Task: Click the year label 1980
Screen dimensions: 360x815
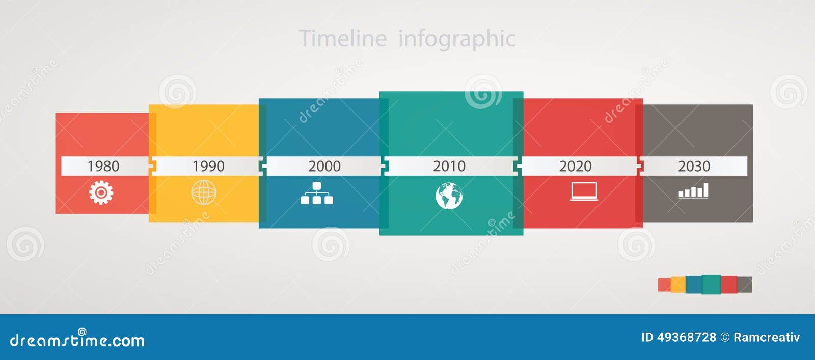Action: point(103,166)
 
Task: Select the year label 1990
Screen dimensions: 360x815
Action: point(208,166)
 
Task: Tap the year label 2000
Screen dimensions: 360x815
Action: point(324,166)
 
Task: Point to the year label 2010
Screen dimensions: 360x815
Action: point(449,166)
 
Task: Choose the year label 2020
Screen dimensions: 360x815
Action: point(576,166)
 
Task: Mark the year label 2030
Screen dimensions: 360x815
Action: point(694,166)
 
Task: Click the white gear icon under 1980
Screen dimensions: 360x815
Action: point(101,192)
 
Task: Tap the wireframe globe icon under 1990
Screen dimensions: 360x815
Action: point(204,192)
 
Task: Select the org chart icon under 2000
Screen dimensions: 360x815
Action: point(316,193)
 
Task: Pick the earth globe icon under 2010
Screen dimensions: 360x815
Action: point(449,196)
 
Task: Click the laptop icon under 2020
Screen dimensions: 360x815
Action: point(584,191)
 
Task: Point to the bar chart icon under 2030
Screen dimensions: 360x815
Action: point(694,191)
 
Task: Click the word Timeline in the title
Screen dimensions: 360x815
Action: point(342,38)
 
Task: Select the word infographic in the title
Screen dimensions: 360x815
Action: point(457,39)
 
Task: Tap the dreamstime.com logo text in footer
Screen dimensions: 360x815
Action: point(77,340)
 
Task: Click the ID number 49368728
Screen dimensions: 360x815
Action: point(687,337)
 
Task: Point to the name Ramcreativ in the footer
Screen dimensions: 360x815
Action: point(767,337)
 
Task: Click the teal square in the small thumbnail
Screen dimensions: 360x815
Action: point(711,285)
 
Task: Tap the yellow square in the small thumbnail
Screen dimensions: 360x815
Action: point(678,285)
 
